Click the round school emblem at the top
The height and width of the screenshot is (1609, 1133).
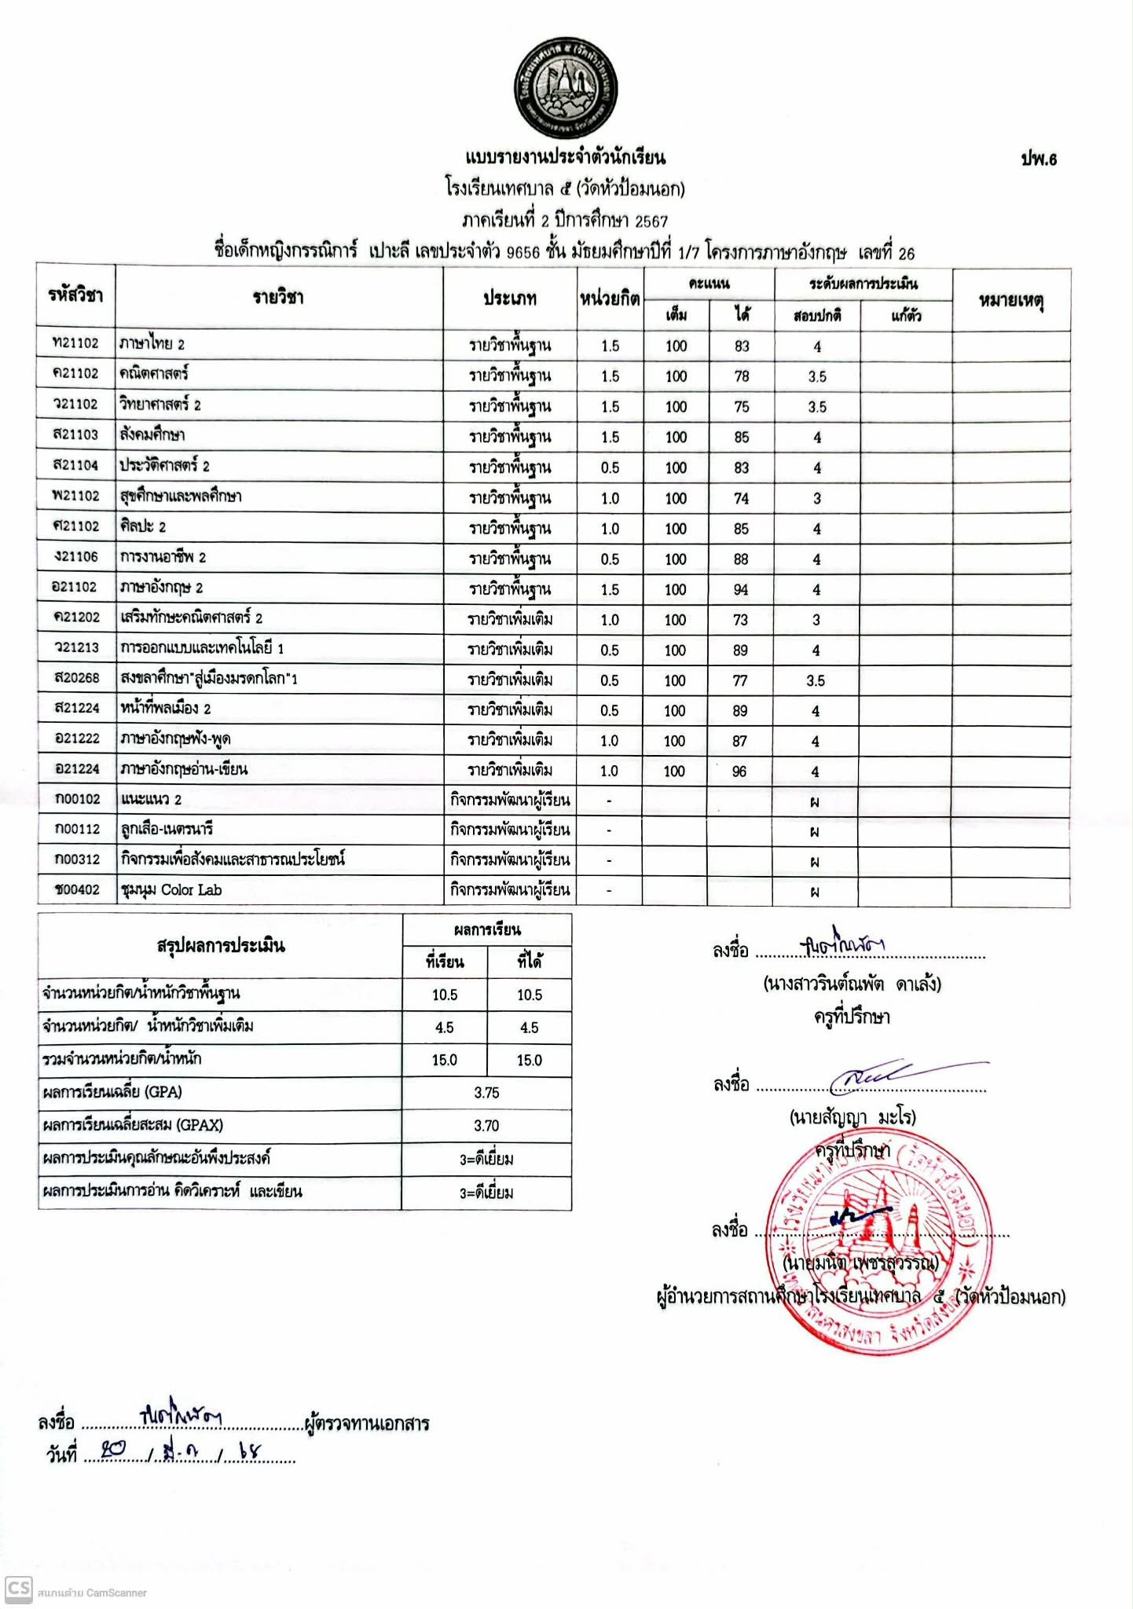click(566, 88)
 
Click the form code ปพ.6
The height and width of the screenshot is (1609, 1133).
click(1039, 159)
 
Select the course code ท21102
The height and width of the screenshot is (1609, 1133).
click(75, 343)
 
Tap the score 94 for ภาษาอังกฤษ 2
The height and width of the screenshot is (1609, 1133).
click(741, 589)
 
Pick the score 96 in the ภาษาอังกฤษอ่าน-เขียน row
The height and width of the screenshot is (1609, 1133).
click(739, 772)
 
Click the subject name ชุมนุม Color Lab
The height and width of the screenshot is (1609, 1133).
click(171, 890)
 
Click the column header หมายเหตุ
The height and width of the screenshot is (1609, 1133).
click(1010, 300)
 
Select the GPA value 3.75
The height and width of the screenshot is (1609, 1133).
click(486, 1093)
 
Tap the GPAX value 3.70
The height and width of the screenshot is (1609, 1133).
click(486, 1126)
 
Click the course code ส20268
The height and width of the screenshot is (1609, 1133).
click(77, 677)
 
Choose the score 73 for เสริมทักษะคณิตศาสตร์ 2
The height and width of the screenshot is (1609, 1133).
click(740, 620)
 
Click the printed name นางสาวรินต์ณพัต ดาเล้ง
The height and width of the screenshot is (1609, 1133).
click(852, 984)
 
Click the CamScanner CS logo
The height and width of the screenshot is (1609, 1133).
click(18, 1589)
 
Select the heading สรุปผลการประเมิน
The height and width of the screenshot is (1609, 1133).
click(221, 946)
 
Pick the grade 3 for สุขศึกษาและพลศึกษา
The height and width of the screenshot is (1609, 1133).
click(817, 498)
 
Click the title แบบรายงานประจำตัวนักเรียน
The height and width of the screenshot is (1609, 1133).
click(565, 157)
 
